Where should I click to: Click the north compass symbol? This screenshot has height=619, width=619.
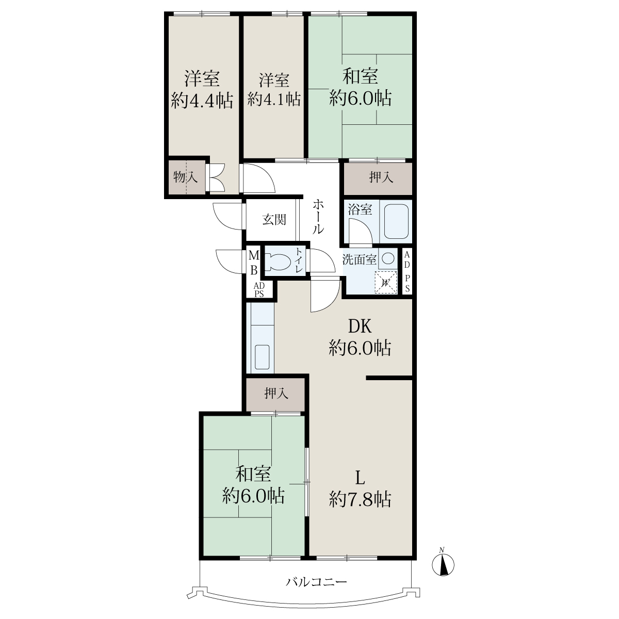click(443, 564)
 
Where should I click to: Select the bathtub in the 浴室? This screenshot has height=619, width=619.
click(396, 221)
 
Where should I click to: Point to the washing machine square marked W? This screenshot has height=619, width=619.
click(386, 283)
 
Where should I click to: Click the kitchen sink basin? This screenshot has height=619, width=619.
click(263, 357)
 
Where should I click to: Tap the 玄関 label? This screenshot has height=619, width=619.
click(274, 220)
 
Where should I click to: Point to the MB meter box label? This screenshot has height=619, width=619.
click(254, 263)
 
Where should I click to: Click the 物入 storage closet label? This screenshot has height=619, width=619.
click(185, 177)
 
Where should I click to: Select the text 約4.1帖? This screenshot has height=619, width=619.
click(274, 99)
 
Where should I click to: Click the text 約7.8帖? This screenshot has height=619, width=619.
click(361, 499)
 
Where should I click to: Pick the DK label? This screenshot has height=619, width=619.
click(360, 327)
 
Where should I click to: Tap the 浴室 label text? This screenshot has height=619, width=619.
click(360, 209)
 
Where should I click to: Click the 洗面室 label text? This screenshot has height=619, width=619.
click(360, 259)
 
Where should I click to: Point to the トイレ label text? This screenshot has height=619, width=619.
click(299, 260)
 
